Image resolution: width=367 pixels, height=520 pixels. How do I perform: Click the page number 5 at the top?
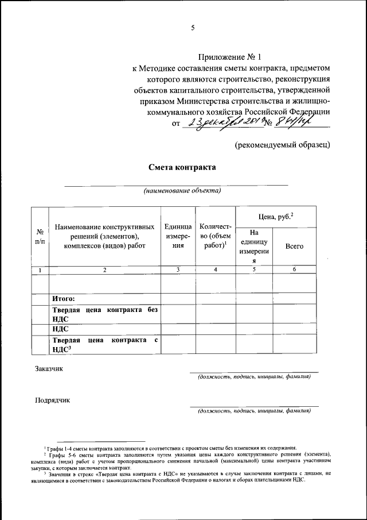[193, 27]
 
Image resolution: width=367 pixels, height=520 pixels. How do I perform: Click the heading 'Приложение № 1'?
[229, 57]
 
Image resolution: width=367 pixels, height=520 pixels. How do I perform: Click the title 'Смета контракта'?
[182, 167]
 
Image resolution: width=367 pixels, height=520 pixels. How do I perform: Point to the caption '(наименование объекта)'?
[182, 191]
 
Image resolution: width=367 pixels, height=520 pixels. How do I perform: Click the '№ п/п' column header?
[40, 236]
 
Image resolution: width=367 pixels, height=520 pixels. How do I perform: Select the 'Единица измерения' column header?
[178, 236]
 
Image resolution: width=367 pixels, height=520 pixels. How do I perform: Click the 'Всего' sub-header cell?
[294, 246]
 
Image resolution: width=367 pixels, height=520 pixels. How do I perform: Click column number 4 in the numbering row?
[215, 269]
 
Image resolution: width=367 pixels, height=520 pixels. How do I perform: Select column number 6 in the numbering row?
[294, 269]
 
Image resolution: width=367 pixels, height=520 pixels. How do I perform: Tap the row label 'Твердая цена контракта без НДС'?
[105, 314]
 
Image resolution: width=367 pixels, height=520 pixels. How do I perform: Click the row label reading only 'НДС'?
[61, 329]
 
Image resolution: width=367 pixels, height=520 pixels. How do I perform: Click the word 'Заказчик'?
[49, 368]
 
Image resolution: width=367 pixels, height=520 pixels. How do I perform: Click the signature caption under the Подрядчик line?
[254, 411]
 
